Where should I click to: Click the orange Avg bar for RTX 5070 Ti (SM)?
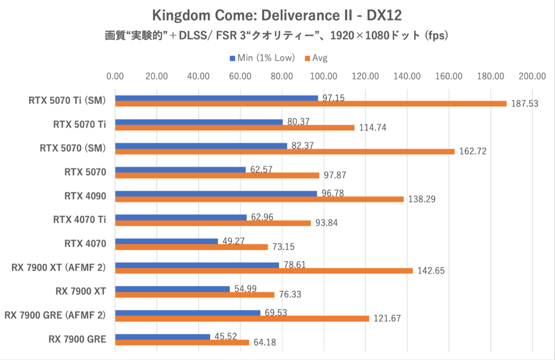(311, 104)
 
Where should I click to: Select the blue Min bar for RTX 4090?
(216, 193)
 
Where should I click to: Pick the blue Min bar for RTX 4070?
(166, 241)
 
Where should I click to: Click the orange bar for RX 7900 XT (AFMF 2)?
(264, 271)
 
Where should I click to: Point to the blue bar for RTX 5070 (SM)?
(201, 146)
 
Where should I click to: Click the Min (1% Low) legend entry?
(262, 58)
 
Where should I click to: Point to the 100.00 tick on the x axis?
(324, 76)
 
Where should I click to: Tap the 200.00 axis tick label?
(532, 76)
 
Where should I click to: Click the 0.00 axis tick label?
(115, 76)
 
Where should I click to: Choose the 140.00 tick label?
(407, 76)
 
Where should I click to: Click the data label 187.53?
(525, 104)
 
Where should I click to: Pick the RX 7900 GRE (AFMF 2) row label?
(55, 316)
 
